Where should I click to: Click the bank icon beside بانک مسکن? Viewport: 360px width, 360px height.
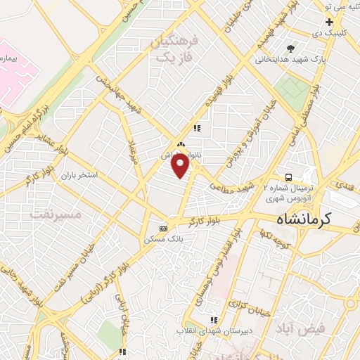coord(164,228)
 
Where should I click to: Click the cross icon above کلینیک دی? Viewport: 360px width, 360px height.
coord(329,22)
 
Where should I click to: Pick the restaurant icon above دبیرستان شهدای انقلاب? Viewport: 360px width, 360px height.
coord(214,320)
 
